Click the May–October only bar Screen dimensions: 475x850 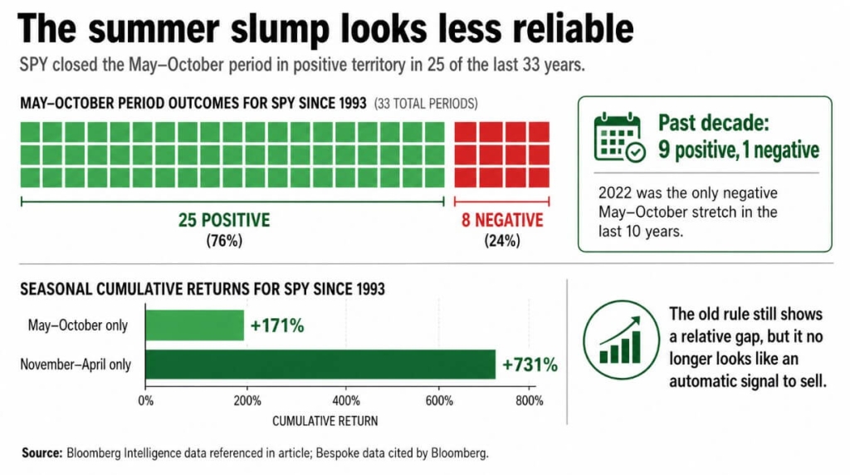point(195,325)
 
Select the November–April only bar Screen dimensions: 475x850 point(320,364)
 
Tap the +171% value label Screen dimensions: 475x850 point(277,326)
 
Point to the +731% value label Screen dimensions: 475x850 point(530,365)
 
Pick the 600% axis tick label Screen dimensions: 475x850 point(438,402)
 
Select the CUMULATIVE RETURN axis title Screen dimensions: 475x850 point(325,421)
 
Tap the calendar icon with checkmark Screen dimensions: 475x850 point(619,138)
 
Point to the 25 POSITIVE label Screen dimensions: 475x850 point(224,221)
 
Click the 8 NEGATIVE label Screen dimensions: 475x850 point(502,221)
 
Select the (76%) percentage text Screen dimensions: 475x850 point(223,241)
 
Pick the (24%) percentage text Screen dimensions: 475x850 point(502,241)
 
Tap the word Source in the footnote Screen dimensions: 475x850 point(42,453)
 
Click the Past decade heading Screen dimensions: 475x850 point(713,124)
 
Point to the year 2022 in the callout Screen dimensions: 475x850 point(615,192)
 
